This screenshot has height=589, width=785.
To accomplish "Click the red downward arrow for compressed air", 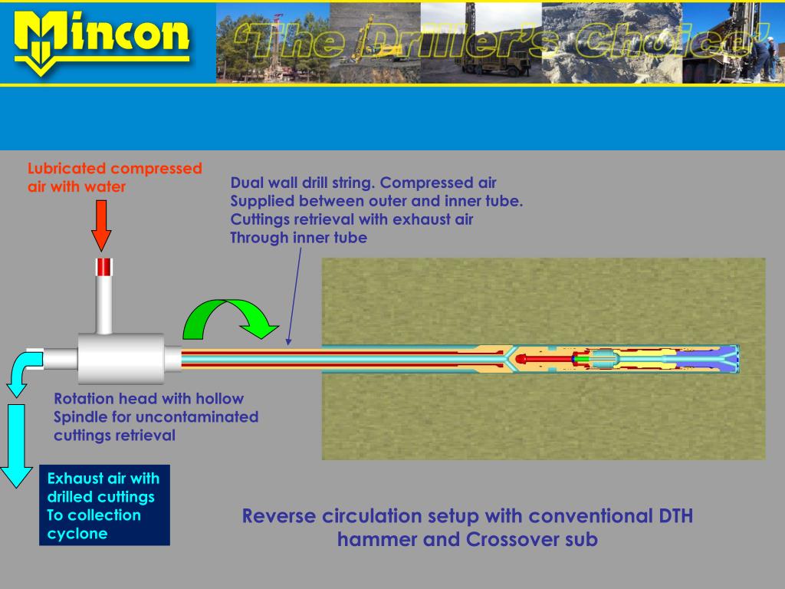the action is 101,225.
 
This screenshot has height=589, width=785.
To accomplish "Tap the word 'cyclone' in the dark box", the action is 77,534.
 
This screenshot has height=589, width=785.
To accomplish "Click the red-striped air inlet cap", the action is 104,267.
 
